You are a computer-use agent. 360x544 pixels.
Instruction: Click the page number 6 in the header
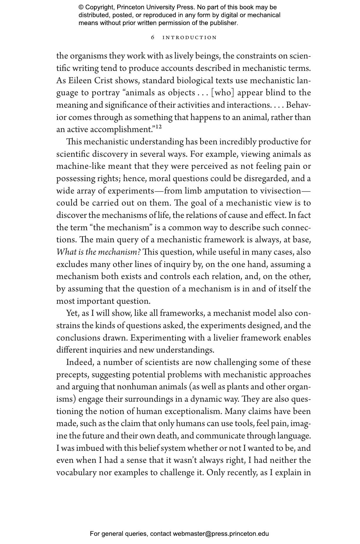tap(153, 38)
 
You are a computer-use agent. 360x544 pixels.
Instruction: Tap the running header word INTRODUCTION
tap(190, 38)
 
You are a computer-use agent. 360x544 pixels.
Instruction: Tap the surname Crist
tap(103, 81)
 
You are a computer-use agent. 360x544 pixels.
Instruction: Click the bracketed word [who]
tap(223, 93)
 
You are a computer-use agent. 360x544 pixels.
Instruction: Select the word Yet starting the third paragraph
tap(72, 313)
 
